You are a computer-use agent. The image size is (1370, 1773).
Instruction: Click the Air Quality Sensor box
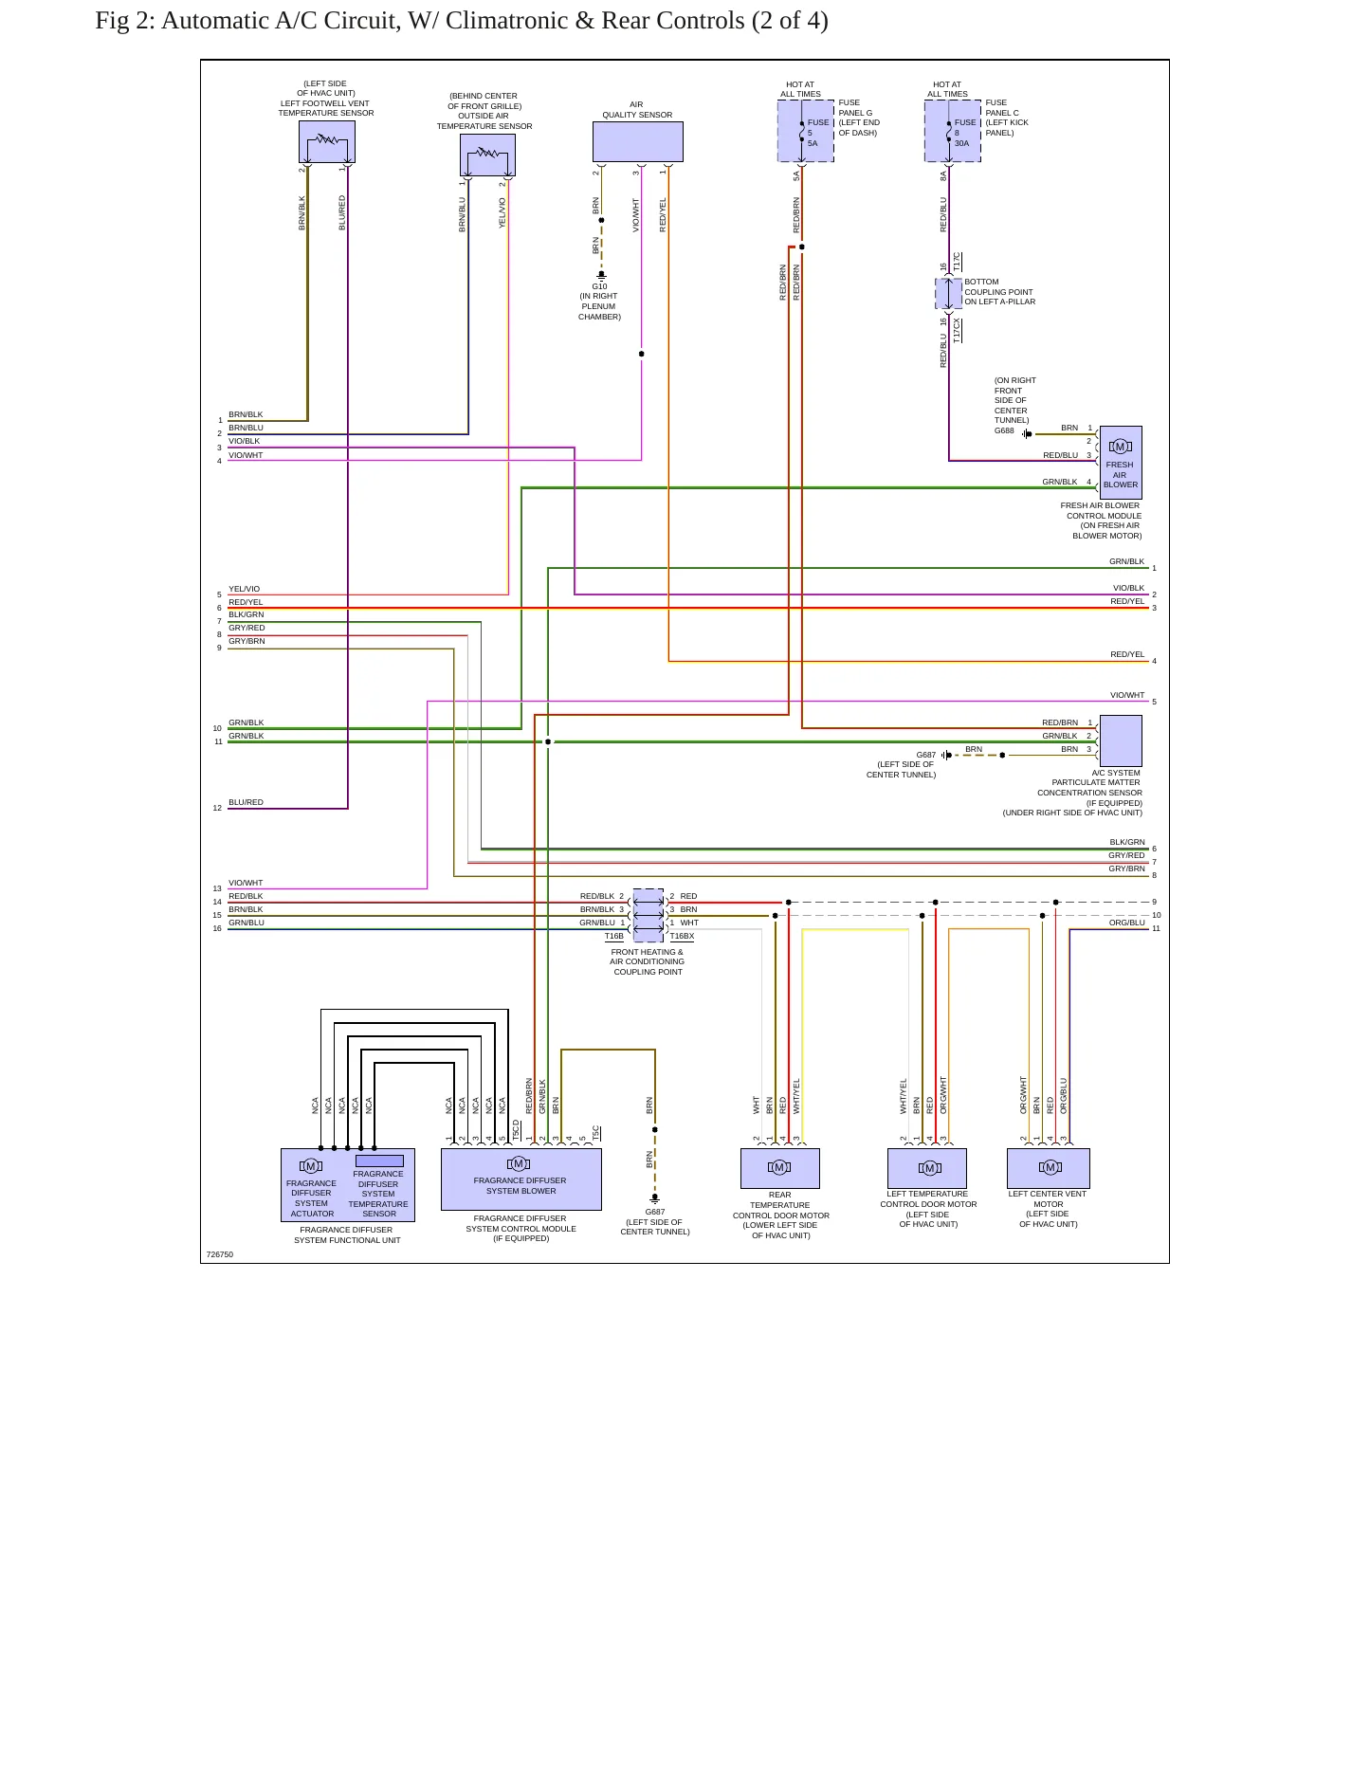[x=637, y=142]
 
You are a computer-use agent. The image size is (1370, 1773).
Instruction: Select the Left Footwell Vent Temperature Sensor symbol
[x=326, y=142]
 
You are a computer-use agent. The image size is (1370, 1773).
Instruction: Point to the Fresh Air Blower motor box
[x=1120, y=463]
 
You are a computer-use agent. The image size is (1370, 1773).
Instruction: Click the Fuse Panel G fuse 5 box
[x=806, y=132]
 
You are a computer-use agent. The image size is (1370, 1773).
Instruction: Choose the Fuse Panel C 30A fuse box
[x=953, y=132]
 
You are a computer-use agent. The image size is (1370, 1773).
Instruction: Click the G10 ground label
[x=599, y=286]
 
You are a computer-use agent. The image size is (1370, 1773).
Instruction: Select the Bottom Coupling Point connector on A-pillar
[x=949, y=293]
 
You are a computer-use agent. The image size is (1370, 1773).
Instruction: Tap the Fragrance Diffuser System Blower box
[x=521, y=1179]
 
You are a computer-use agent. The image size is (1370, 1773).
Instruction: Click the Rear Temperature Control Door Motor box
[x=779, y=1168]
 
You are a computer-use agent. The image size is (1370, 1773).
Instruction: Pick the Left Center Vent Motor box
[x=1049, y=1168]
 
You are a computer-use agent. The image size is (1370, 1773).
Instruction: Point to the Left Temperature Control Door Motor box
[x=927, y=1168]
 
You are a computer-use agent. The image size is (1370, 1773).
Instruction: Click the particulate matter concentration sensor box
[x=1120, y=740]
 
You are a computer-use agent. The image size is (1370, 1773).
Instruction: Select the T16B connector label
[x=614, y=936]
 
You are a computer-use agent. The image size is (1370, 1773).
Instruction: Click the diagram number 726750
[x=220, y=1254]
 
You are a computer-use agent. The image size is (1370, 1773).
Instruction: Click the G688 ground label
[x=1004, y=430]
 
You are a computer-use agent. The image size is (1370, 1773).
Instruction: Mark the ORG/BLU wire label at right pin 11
[x=1127, y=923]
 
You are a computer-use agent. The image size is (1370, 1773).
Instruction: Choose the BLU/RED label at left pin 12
[x=246, y=802]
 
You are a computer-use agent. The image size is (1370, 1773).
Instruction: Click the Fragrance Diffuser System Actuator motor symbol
[x=310, y=1166]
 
